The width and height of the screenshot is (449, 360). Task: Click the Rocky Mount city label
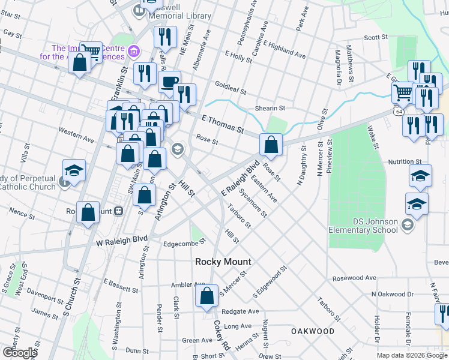pos(223,262)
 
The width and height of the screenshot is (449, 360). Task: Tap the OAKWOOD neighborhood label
pos(313,331)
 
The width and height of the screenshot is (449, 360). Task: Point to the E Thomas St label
pos(223,125)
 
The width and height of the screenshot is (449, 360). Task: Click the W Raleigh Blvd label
pos(122,242)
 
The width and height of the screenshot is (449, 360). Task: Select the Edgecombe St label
pos(185,242)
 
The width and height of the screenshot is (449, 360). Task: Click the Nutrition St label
pos(405,162)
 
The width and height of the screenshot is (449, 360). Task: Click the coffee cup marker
pos(170,81)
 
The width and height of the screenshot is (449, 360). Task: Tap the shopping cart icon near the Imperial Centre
pos(91,51)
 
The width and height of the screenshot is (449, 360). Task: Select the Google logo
pos(19,353)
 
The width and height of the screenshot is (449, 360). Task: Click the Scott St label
pos(376,37)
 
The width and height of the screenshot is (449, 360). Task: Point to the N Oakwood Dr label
pos(393,294)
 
